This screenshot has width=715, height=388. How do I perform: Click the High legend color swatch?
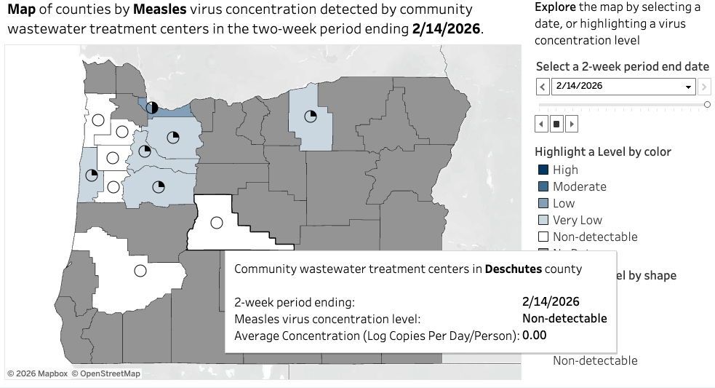tap(543, 170)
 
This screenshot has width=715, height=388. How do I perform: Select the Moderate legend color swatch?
tap(543, 186)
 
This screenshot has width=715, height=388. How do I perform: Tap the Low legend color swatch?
tap(543, 203)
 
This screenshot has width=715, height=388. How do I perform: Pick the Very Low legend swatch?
tap(543, 220)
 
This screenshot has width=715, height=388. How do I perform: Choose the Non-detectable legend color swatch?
tap(543, 237)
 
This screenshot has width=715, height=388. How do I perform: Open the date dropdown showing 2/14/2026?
tap(623, 86)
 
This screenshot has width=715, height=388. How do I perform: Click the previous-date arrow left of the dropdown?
tap(543, 87)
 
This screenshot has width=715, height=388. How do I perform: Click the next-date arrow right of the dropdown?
tap(704, 87)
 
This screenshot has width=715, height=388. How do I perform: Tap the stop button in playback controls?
tap(556, 124)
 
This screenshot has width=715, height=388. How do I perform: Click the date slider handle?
tap(707, 105)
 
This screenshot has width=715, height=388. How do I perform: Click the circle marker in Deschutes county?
tap(216, 223)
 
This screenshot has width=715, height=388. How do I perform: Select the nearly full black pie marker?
tap(151, 108)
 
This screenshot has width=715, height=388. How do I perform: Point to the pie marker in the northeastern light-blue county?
tap(311, 116)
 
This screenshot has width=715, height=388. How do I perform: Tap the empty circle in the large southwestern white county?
tap(140, 271)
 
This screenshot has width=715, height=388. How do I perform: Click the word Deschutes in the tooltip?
tap(513, 269)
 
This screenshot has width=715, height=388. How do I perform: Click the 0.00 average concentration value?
tap(534, 335)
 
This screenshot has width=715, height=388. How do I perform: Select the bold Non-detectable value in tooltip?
tap(564, 318)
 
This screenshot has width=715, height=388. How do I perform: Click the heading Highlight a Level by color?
tap(602, 151)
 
